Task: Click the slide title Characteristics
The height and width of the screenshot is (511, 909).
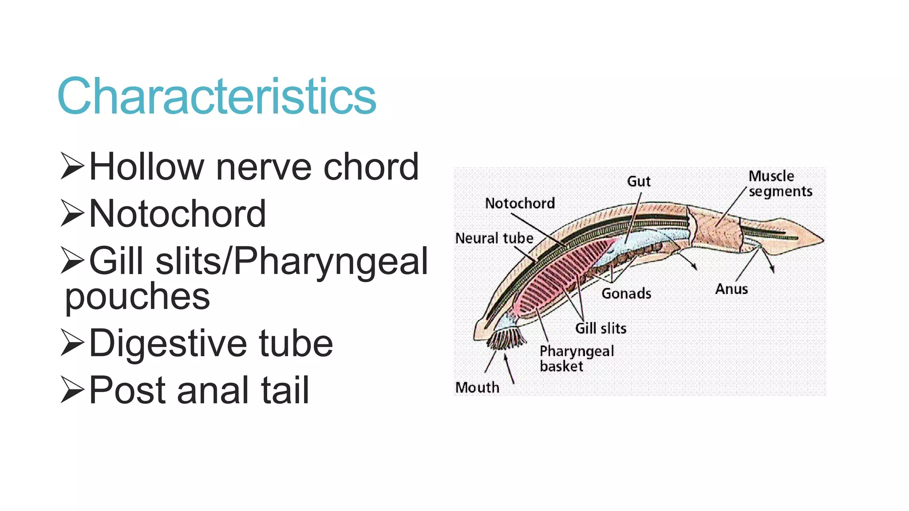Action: pyautogui.click(x=217, y=96)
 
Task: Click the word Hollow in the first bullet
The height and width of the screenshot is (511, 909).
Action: pyautogui.click(x=146, y=167)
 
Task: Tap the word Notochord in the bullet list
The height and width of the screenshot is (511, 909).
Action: pyautogui.click(x=178, y=214)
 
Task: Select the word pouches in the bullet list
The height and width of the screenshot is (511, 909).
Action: pyautogui.click(x=137, y=296)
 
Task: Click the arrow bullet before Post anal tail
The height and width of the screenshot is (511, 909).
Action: pyautogui.click(x=72, y=389)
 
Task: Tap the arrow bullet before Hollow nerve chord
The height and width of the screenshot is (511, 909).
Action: pyautogui.click(x=72, y=166)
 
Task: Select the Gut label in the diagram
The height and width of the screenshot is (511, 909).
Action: pyautogui.click(x=639, y=181)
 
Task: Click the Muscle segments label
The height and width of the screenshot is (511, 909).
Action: pyautogui.click(x=780, y=184)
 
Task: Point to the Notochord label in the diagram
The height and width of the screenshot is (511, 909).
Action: pyautogui.click(x=520, y=203)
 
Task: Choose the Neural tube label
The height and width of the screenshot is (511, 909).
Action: pyautogui.click(x=494, y=238)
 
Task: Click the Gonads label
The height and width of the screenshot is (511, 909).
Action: pyautogui.click(x=626, y=293)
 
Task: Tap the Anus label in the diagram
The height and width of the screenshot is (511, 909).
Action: pyautogui.click(x=731, y=289)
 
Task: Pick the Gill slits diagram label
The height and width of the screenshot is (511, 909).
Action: pyautogui.click(x=601, y=328)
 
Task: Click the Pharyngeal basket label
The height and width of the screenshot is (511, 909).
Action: pyautogui.click(x=576, y=358)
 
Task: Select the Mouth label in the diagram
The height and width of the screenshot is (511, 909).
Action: pyautogui.click(x=477, y=387)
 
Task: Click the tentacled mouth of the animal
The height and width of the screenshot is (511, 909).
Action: pyautogui.click(x=506, y=339)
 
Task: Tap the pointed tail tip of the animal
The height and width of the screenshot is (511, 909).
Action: pyautogui.click(x=821, y=240)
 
